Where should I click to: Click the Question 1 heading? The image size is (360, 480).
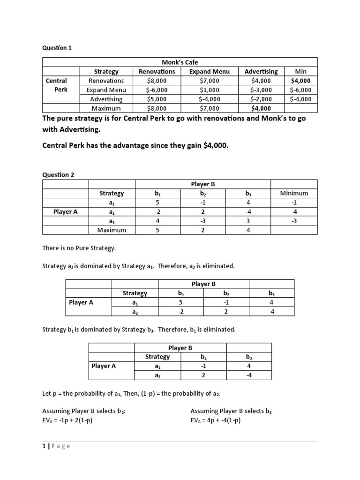(x=57, y=48)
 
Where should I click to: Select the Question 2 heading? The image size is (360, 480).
(x=58, y=174)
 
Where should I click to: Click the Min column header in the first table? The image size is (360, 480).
(x=300, y=71)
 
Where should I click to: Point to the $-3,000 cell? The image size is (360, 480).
(x=261, y=90)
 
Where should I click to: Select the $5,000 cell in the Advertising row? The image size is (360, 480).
(x=157, y=99)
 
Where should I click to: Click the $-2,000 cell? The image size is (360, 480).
(x=261, y=99)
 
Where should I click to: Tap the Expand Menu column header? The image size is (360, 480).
(x=209, y=71)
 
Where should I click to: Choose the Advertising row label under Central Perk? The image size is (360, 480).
(x=106, y=99)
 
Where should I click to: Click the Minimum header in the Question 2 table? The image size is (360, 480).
(x=294, y=193)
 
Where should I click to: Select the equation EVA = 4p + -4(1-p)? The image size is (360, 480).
(x=215, y=420)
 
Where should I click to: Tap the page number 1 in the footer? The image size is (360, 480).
(x=44, y=446)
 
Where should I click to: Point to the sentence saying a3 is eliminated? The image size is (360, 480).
(x=138, y=266)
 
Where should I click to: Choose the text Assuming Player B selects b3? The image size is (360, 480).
(x=231, y=411)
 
